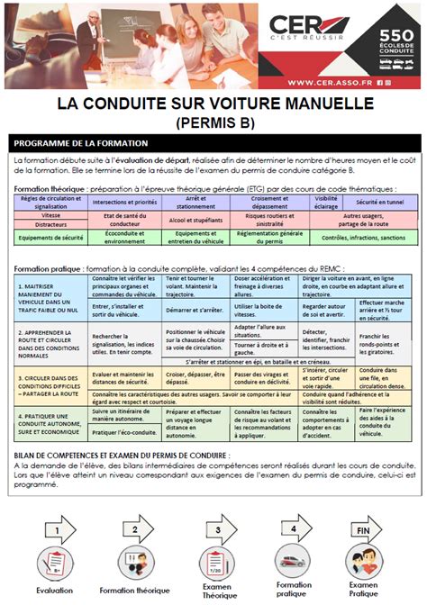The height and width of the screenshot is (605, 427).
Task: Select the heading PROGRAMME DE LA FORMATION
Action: click(x=82, y=143)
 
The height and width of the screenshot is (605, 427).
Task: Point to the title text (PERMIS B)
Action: click(x=213, y=121)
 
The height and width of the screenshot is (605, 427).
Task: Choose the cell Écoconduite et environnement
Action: click(x=118, y=237)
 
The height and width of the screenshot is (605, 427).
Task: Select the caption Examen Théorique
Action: click(x=213, y=590)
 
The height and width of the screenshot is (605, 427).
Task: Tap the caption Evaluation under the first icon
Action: click(x=55, y=590)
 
